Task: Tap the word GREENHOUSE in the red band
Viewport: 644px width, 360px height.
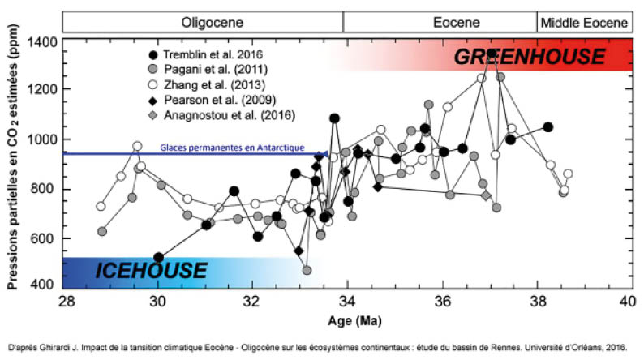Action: click(x=529, y=57)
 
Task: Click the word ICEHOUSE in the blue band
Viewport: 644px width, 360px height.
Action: click(x=152, y=271)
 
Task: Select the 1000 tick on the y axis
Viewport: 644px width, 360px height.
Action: click(x=45, y=139)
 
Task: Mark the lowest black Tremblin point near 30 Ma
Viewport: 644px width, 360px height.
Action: click(x=159, y=258)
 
